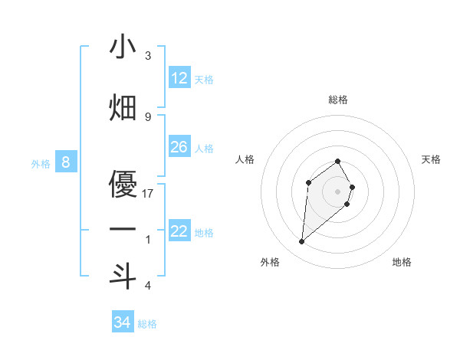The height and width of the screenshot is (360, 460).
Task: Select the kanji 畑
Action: pyautogui.click(x=123, y=107)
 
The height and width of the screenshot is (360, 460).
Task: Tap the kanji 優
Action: pyautogui.click(x=123, y=184)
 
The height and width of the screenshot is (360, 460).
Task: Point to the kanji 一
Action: pyautogui.click(x=123, y=230)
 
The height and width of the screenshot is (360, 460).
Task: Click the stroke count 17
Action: pyautogui.click(x=148, y=194)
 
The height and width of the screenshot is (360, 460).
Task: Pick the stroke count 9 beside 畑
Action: pyautogui.click(x=148, y=116)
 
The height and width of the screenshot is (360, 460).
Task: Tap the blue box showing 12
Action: pyautogui.click(x=179, y=77)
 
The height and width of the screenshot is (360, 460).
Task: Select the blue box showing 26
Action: pyautogui.click(x=179, y=147)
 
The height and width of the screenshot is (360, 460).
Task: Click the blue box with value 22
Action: pyautogui.click(x=179, y=231)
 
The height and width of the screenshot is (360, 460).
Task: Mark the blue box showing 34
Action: pyautogui.click(x=122, y=322)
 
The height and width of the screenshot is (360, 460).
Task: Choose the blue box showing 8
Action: pyautogui.click(x=67, y=162)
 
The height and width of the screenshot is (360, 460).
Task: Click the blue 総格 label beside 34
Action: pyautogui.click(x=147, y=324)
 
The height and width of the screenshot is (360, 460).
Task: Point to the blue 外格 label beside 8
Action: pyautogui.click(x=41, y=163)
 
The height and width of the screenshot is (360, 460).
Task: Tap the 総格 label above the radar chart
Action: pyautogui.click(x=338, y=100)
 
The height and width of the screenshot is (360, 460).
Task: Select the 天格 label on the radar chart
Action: pyautogui.click(x=432, y=159)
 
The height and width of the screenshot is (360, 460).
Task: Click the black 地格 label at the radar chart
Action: pyautogui.click(x=402, y=262)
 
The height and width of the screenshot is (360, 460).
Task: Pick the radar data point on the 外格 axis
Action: pyautogui.click(x=302, y=242)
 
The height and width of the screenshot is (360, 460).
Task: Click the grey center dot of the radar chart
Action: pyautogui.click(x=338, y=191)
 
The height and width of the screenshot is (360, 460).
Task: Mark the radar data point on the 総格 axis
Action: pyautogui.click(x=338, y=161)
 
